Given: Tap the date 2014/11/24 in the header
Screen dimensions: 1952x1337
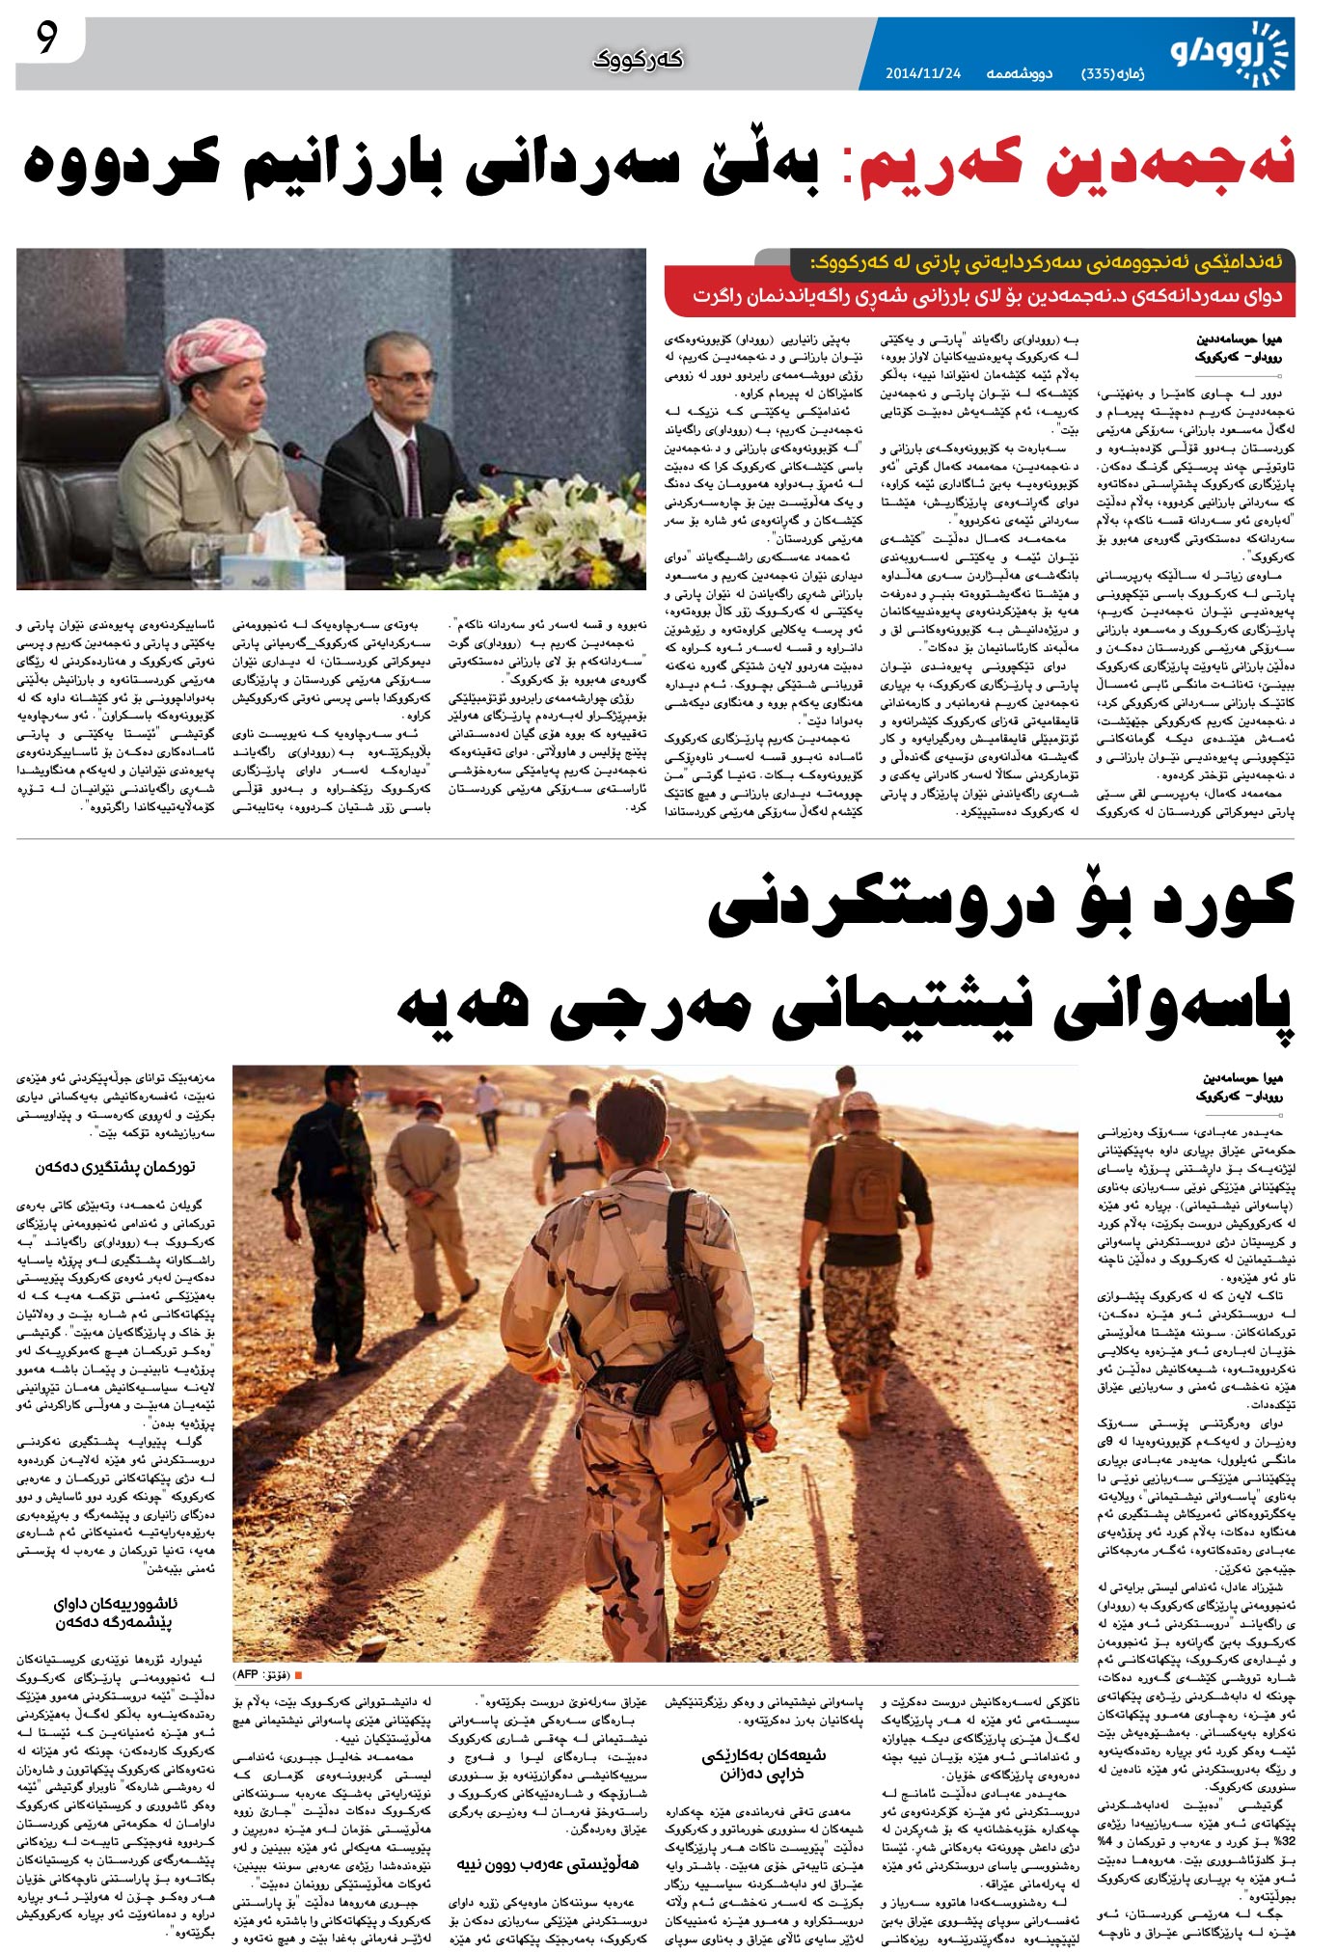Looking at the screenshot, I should click(x=922, y=73).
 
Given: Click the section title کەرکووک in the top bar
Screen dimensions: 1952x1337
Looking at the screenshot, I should click(x=639, y=60).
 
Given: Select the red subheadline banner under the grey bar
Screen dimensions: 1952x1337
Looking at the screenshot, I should click(x=979, y=296).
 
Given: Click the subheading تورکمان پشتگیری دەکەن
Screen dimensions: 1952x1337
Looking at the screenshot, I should click(x=116, y=1167).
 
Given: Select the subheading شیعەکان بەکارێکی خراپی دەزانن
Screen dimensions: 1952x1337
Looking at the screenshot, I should click(x=762, y=1764).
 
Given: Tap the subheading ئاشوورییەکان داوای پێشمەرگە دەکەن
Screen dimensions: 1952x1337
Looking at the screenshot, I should click(x=116, y=1613).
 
